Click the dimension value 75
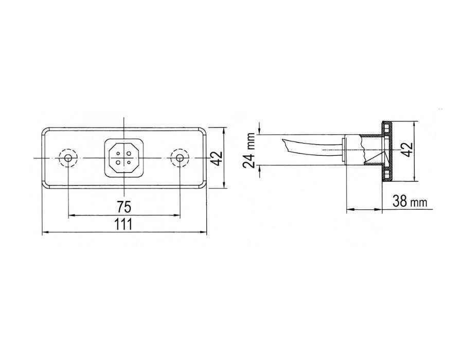123,207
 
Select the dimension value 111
123,224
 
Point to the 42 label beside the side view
408,150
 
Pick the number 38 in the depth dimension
400,202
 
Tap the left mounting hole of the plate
68,158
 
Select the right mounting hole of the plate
179,158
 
